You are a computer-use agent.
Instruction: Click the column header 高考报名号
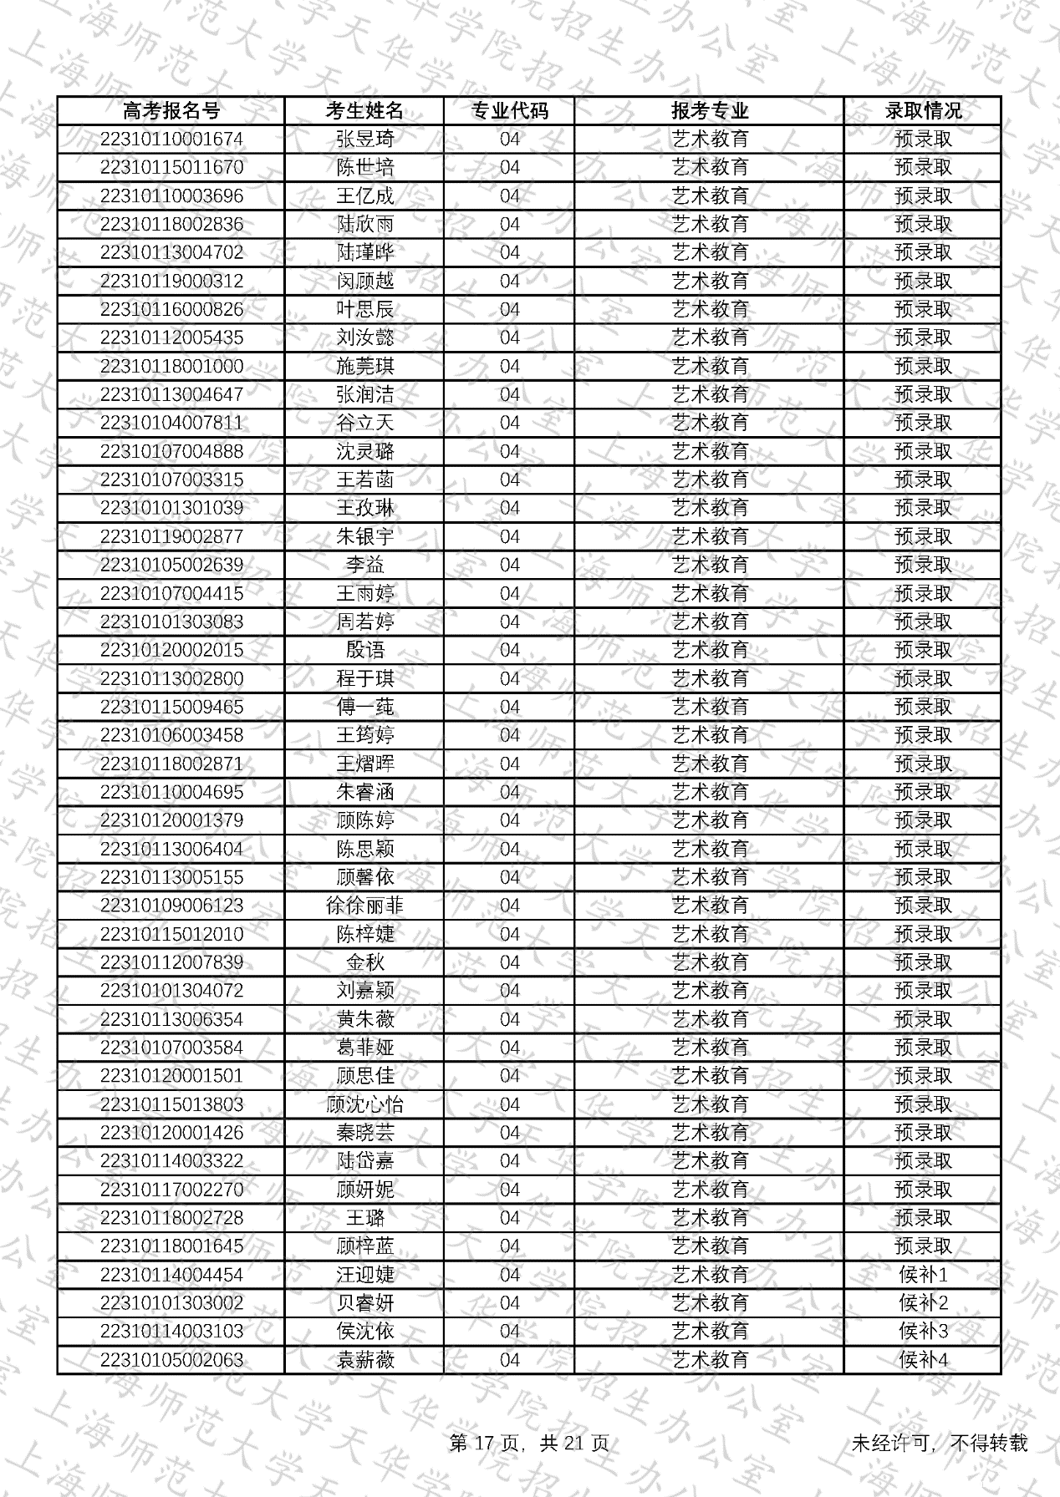[x=171, y=111]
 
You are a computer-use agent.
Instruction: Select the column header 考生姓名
[x=364, y=111]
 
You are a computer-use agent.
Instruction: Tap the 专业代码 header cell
[x=509, y=111]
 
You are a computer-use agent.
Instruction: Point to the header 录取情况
[x=923, y=111]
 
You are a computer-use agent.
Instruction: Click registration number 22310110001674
[x=171, y=140]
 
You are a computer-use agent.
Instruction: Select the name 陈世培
[x=364, y=168]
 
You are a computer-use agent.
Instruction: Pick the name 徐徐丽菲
[x=364, y=906]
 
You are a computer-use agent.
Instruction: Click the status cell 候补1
[x=923, y=1275]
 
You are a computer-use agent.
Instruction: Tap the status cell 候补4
[x=923, y=1360]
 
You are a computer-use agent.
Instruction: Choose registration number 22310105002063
[x=171, y=1360]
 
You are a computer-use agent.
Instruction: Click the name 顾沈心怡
[x=364, y=1104]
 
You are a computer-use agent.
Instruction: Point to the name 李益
[x=364, y=566]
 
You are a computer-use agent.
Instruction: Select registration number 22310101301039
[x=171, y=509]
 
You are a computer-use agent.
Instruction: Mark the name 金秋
[x=364, y=963]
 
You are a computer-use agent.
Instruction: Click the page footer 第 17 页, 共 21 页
[x=529, y=1443]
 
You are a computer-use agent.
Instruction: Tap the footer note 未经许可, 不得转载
[x=939, y=1443]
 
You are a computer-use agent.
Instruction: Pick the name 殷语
[x=364, y=651]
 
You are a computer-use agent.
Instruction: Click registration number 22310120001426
[x=171, y=1133]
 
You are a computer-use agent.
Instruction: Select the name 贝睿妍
[x=364, y=1303]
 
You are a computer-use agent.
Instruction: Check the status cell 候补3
[x=923, y=1332]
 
